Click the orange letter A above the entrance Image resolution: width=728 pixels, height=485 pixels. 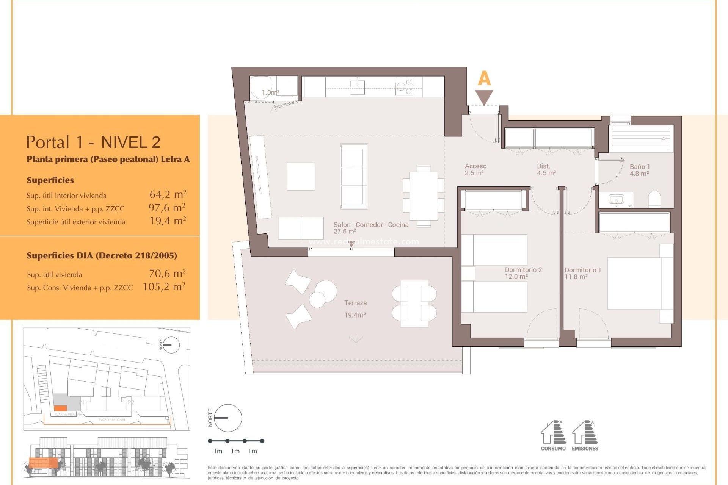(x=484, y=78)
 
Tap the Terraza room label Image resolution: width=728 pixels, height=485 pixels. (x=355, y=303)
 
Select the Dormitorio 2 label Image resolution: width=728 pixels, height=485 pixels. (x=523, y=270)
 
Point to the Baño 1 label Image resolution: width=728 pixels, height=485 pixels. (x=639, y=167)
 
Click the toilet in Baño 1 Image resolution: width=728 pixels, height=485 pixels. (x=654, y=199)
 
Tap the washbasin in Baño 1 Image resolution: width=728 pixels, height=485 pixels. (x=616, y=199)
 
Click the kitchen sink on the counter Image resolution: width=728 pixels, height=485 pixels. (x=357, y=87)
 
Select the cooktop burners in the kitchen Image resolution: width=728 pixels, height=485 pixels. (x=404, y=87)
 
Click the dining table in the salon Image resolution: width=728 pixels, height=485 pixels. (x=423, y=196)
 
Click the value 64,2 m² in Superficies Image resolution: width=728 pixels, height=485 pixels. (x=168, y=195)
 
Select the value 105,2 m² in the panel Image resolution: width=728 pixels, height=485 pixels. (x=164, y=287)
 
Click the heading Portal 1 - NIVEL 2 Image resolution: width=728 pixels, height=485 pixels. (x=93, y=142)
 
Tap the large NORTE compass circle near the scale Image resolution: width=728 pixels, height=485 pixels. (x=228, y=418)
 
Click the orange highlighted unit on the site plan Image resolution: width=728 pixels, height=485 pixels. (x=60, y=408)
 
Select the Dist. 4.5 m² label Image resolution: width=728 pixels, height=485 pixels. (x=546, y=170)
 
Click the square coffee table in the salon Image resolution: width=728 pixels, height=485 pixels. (x=301, y=176)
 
